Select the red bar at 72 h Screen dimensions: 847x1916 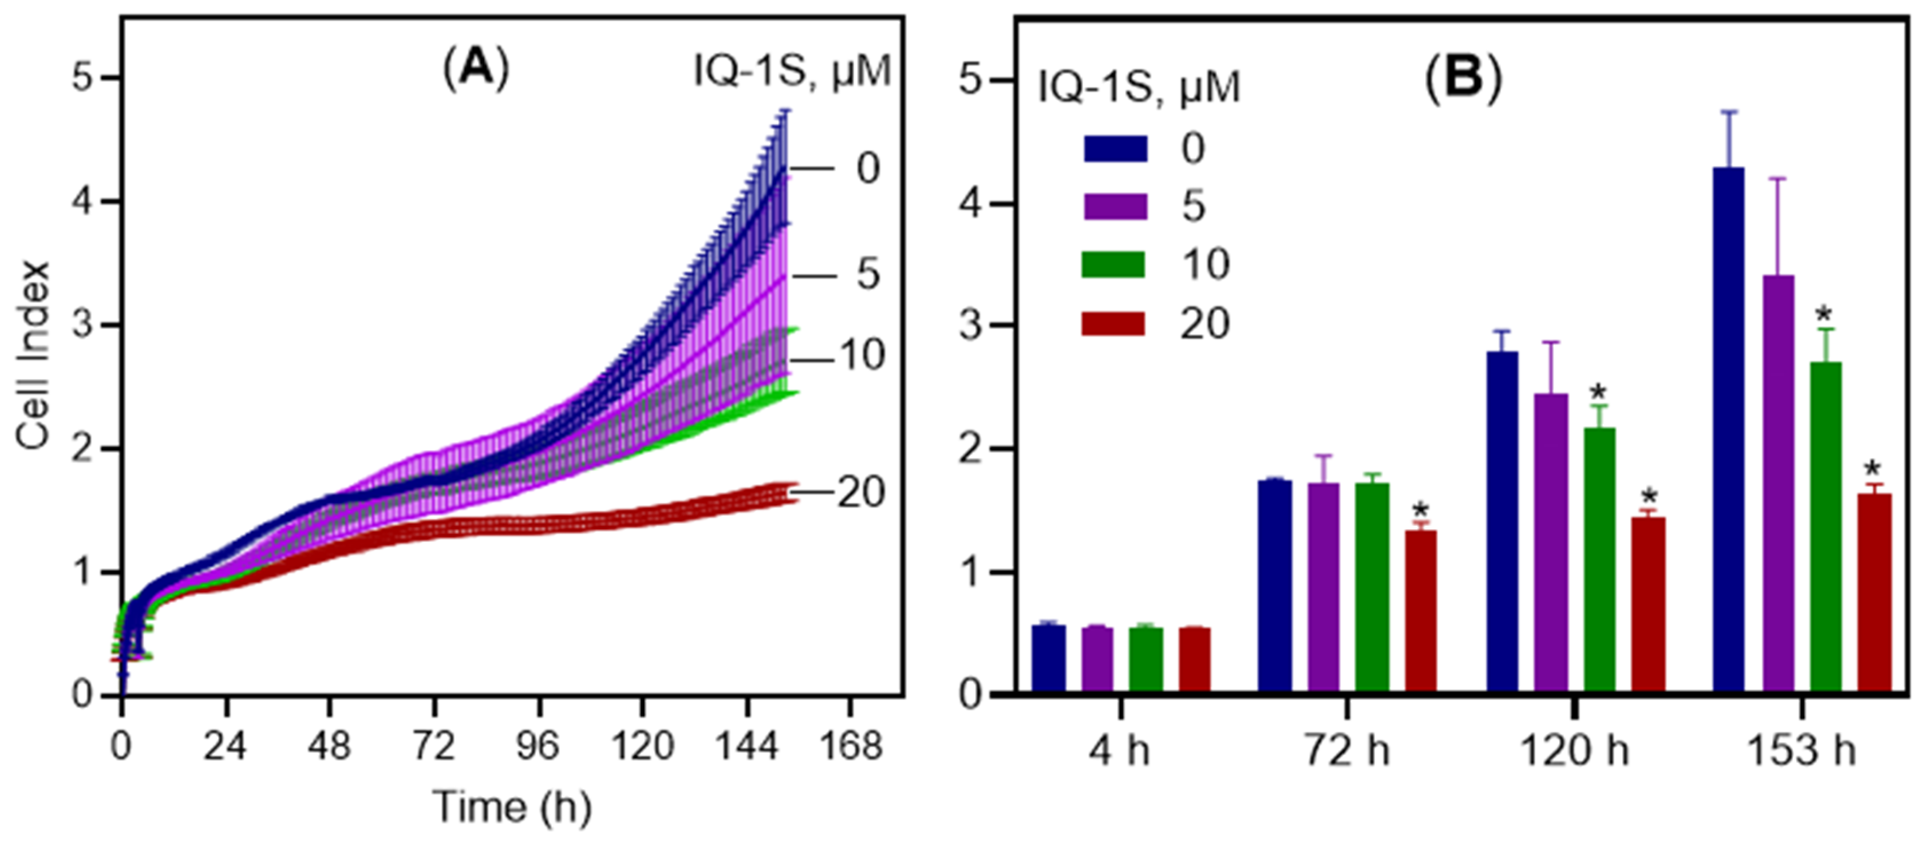point(1421,609)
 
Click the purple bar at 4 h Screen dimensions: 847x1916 point(1097,658)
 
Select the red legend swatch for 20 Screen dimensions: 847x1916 point(1113,323)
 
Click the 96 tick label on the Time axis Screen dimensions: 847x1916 point(538,745)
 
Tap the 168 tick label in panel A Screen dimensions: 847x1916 point(850,745)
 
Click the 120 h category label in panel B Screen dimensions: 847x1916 point(1575,751)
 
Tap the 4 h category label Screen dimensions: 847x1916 point(1119,751)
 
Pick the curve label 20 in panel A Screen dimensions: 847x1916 point(862,492)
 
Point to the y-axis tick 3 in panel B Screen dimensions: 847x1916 point(971,326)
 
